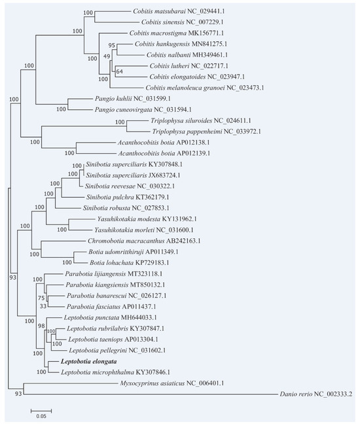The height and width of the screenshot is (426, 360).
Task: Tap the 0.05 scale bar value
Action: [41, 416]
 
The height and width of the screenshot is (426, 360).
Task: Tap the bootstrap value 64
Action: [118, 71]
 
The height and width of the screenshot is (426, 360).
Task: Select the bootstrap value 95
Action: [111, 45]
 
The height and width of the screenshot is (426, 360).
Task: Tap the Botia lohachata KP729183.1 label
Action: [132, 262]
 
